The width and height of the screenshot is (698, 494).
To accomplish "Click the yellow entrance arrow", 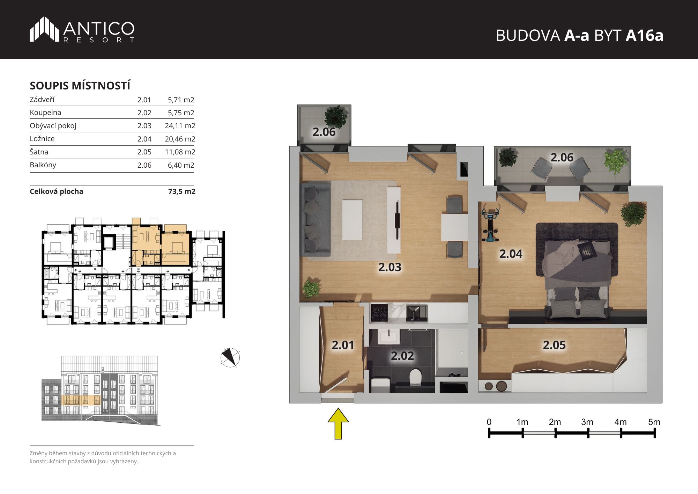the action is pos(338,423).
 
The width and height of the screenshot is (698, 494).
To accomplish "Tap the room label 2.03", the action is pos(390,267).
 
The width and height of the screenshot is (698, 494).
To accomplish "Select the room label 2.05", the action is pos(554,345).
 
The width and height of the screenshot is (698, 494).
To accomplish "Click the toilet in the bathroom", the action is pos(415,377).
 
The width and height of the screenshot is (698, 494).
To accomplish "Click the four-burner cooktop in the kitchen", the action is pos(379,313).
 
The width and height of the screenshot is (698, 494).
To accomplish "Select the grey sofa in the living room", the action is pos(317,219).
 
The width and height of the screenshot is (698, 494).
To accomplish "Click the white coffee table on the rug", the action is pos(352,219).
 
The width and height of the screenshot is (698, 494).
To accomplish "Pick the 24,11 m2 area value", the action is pos(180,126).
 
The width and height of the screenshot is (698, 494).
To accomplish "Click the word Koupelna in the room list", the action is pos(45,112).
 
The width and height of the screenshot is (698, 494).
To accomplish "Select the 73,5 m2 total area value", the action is pos(182,191).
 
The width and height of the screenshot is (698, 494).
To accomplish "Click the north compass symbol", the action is pos(230,357).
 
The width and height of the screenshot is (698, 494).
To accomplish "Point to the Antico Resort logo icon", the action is pos(44,29).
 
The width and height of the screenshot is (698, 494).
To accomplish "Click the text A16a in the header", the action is pos(644,36).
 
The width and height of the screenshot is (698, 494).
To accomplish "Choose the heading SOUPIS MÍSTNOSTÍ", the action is pos(80,86).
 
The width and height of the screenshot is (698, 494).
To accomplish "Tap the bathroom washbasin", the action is pos(388,337).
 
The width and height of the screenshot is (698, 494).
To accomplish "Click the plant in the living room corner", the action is pos(311,289).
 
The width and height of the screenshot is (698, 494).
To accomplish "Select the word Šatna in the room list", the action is pos(39,152).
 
